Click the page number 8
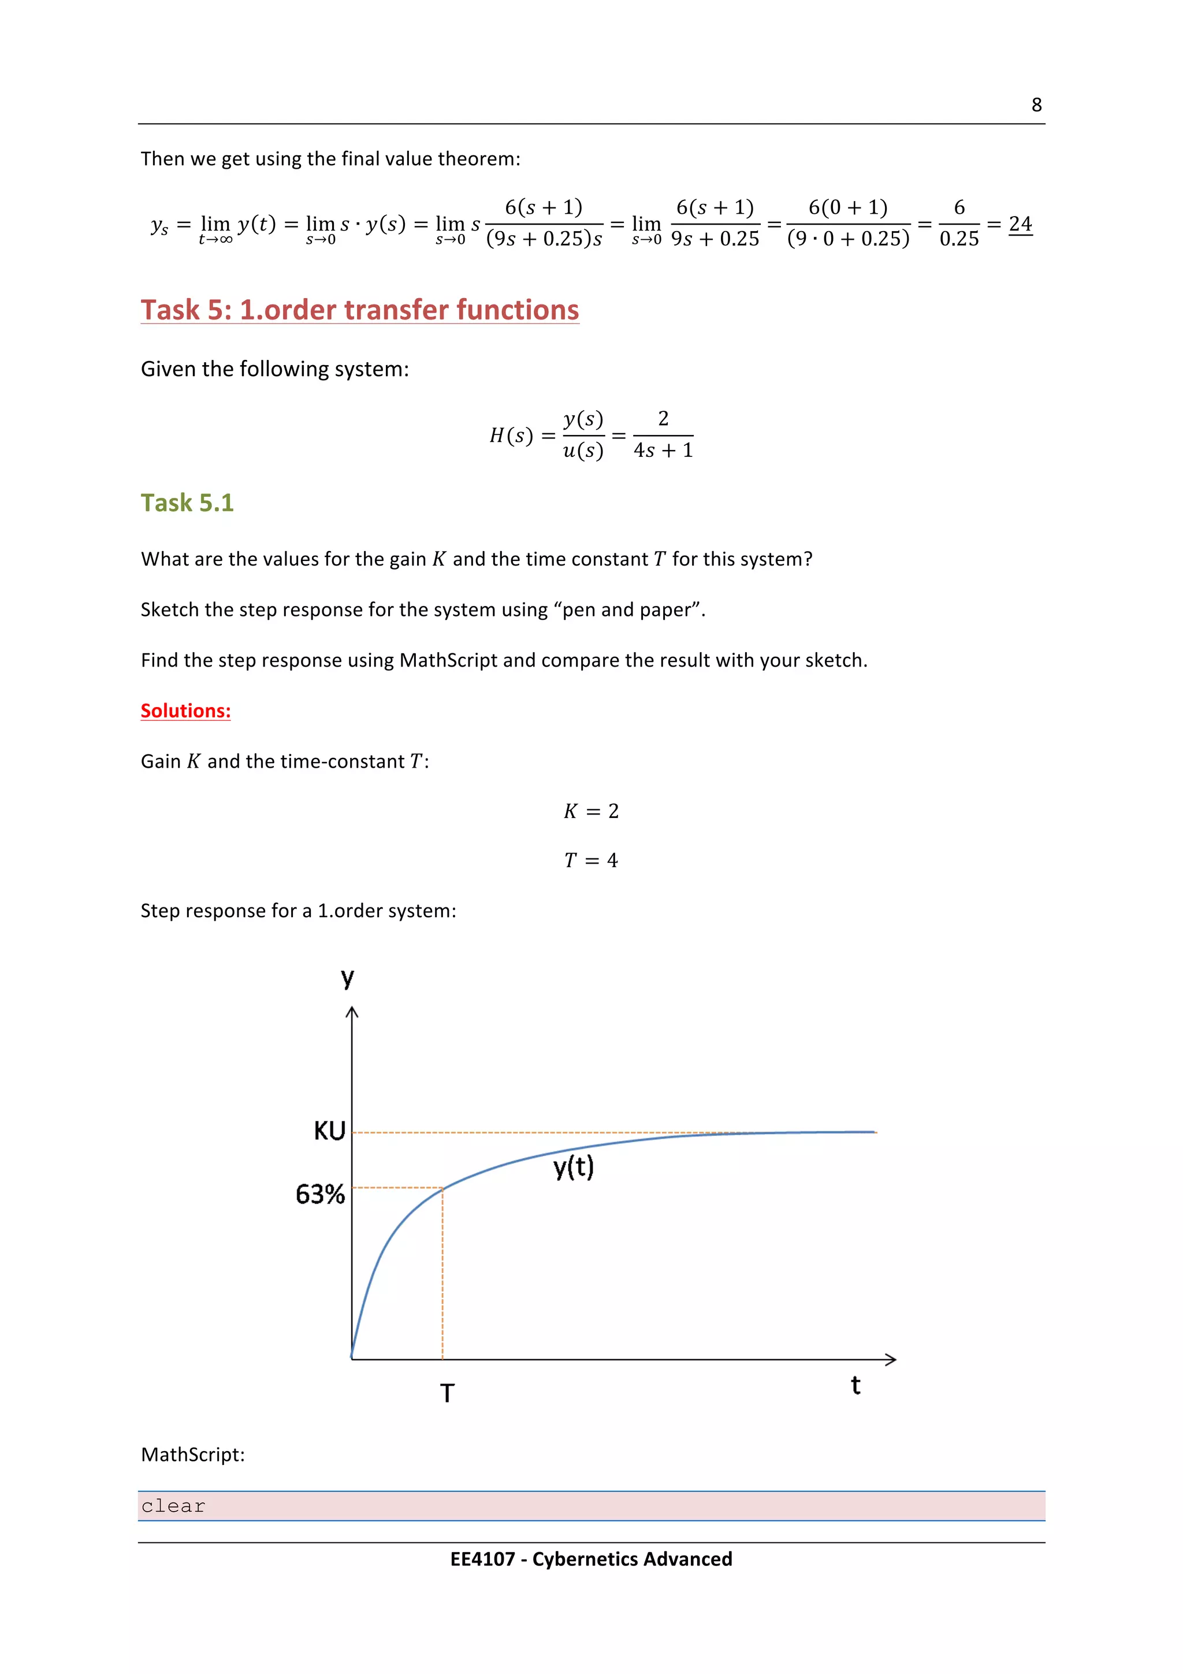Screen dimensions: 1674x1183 click(1036, 105)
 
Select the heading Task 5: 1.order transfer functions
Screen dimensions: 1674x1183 click(359, 310)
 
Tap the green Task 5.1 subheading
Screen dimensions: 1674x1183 click(187, 503)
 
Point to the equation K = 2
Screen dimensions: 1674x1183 click(590, 811)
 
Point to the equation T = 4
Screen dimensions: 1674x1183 click(590, 860)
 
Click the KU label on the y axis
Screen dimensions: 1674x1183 click(329, 1131)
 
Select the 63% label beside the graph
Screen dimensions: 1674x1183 click(320, 1194)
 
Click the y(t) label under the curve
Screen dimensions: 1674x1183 click(574, 1167)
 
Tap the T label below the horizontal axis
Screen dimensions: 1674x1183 click(447, 1393)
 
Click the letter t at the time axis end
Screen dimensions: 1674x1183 click(855, 1385)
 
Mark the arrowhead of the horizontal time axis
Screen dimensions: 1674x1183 click(891, 1359)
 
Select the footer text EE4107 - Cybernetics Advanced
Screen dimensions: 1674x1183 click(590, 1559)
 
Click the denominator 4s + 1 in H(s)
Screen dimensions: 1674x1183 click(663, 451)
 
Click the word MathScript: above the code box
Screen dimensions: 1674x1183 click(192, 1454)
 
